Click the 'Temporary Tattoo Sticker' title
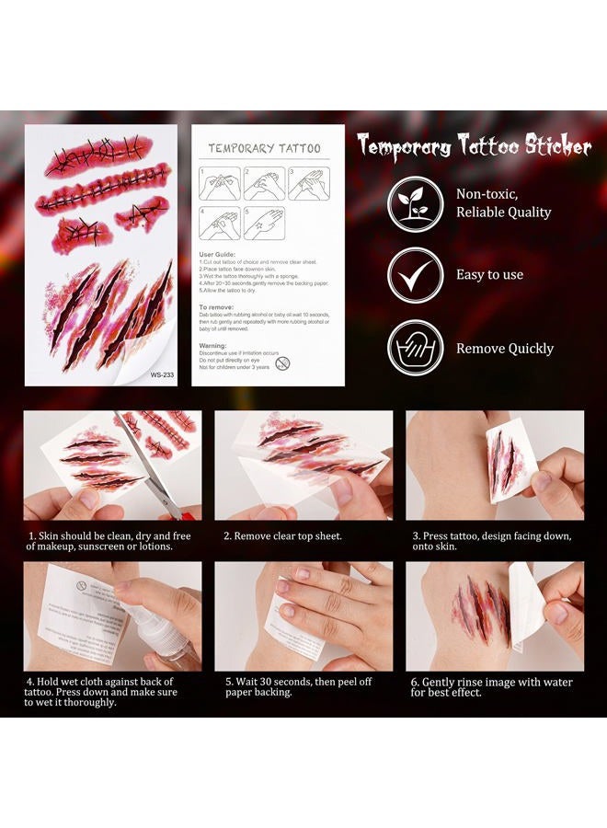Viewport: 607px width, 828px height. [474, 146]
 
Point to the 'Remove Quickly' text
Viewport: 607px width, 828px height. [505, 349]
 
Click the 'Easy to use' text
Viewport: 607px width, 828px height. [489, 275]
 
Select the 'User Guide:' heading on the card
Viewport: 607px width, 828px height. [219, 254]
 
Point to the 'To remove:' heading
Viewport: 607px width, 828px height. [217, 306]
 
